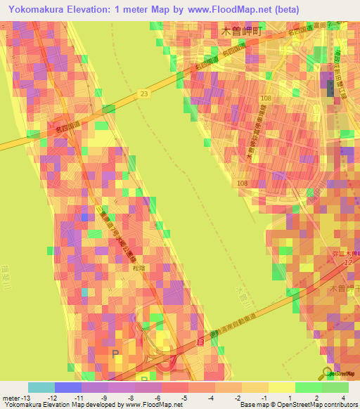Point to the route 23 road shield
144,93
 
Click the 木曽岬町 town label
240,32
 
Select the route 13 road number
200,342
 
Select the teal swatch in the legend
41,387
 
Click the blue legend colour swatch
67,387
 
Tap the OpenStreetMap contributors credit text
316,405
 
